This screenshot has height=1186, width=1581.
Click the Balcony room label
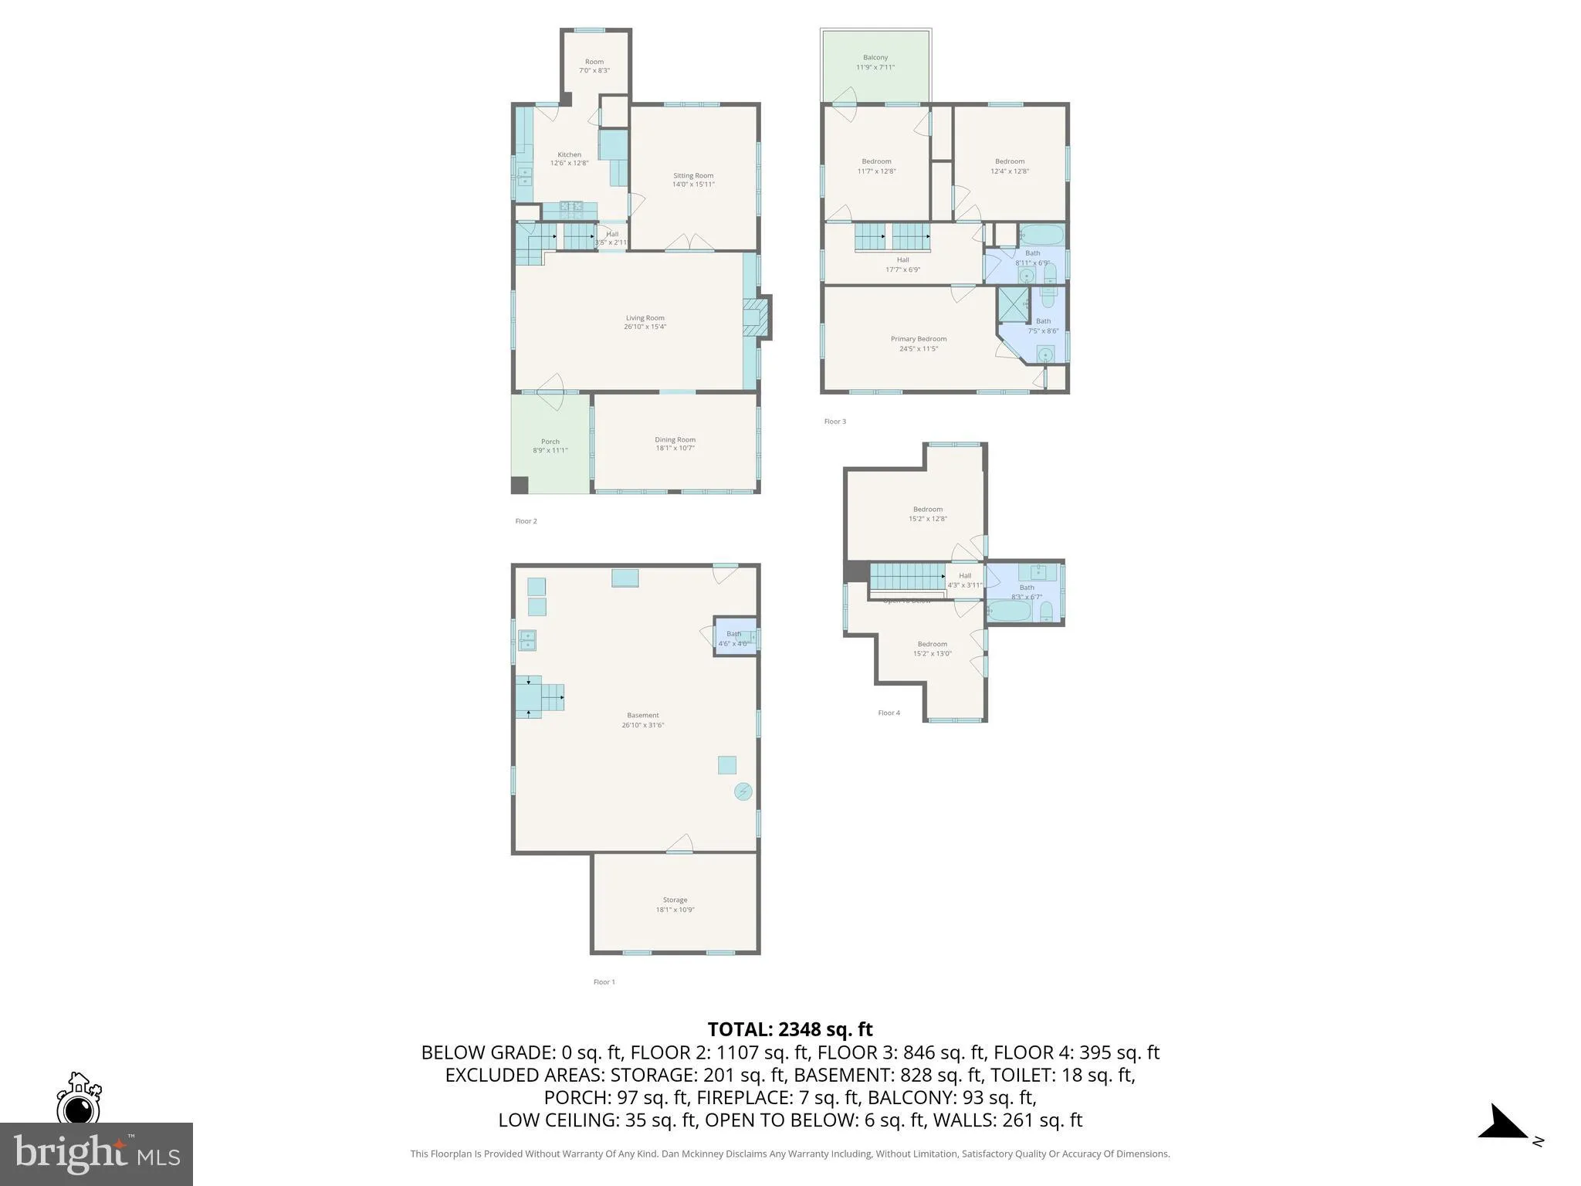pos(875,58)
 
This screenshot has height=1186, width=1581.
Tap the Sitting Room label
pos(692,176)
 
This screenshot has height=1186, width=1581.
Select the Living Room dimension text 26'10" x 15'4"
pos(645,327)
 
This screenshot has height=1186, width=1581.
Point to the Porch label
pos(550,442)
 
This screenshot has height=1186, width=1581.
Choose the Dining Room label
pos(675,439)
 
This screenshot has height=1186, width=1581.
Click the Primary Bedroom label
pos(918,339)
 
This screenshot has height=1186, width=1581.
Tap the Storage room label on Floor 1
pos(675,900)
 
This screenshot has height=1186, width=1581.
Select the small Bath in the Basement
pos(734,638)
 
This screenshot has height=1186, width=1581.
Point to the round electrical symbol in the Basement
pos(743,791)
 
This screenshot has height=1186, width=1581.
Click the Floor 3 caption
pos(835,422)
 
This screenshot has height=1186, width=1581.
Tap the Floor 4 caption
pos(889,713)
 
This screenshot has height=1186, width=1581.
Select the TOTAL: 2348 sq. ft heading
pos(790,1029)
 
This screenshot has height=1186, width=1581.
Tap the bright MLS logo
pos(96,1154)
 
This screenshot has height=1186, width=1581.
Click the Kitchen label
pos(569,154)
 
